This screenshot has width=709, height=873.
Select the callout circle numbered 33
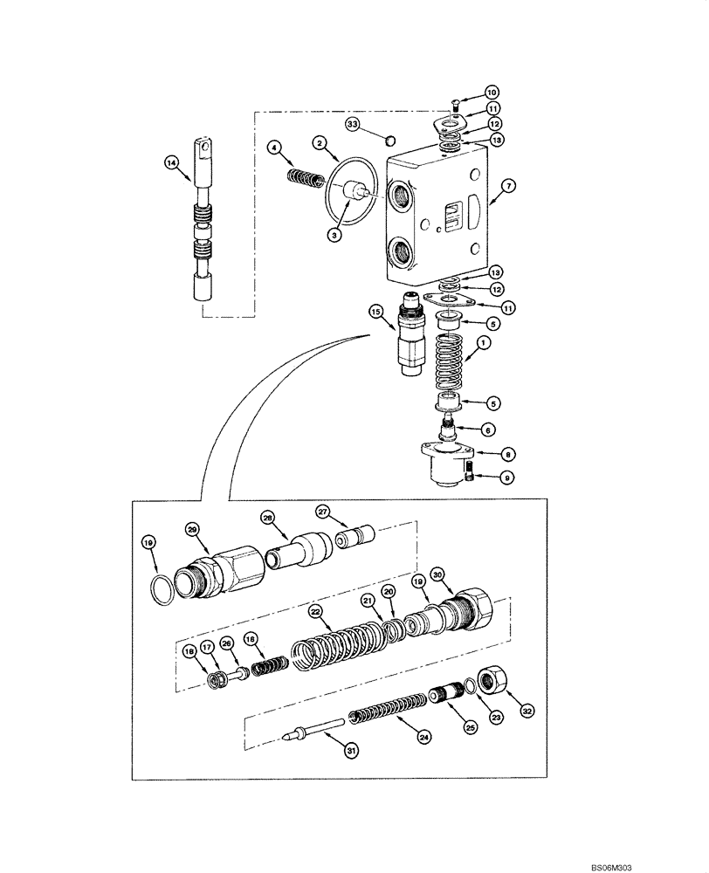pos(353,127)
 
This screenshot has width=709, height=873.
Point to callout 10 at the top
pos(491,92)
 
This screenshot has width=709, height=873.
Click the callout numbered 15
pos(375,312)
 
